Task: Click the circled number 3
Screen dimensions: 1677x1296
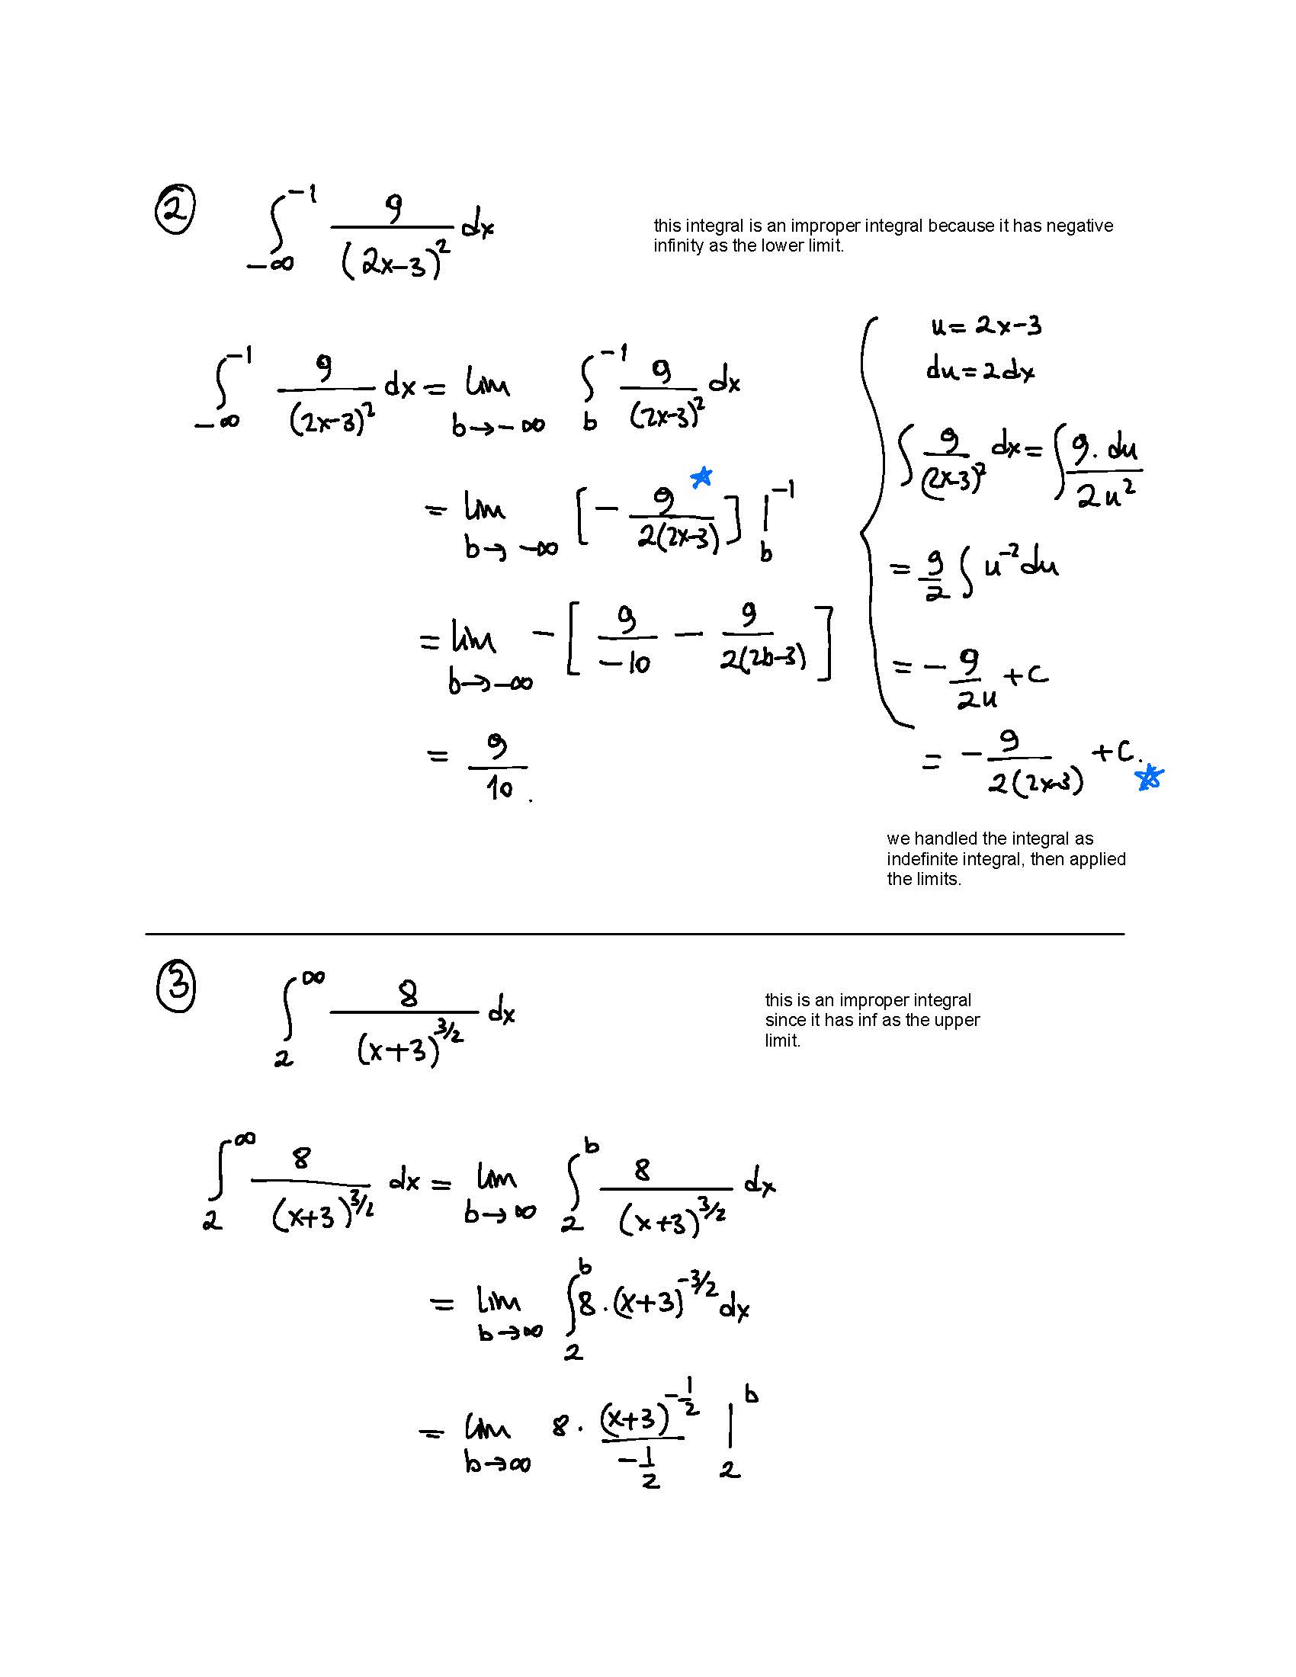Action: pos(176,987)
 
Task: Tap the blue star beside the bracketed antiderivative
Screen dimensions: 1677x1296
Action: pos(701,478)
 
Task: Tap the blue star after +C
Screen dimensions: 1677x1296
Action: pos(1150,778)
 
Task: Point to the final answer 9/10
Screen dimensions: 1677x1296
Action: pos(499,766)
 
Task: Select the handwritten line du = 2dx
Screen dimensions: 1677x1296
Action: pos(980,371)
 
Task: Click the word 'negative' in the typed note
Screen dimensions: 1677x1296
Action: pos(1079,226)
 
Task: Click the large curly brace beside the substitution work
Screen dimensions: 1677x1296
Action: pos(871,522)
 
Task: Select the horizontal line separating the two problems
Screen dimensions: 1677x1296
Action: pos(634,934)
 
